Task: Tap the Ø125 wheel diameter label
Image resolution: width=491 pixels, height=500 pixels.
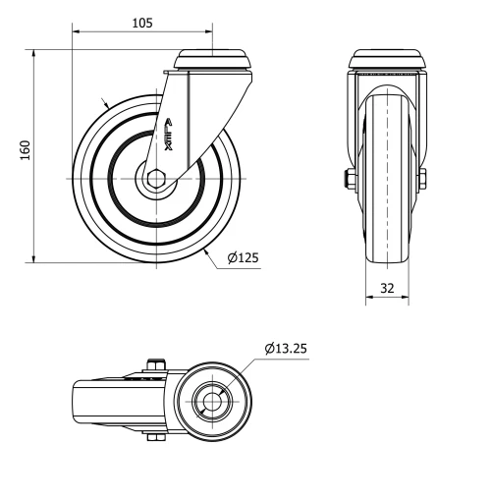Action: [243, 258]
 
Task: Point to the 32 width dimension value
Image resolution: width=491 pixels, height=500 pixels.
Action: [386, 290]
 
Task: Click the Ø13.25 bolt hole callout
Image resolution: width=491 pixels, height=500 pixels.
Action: [287, 347]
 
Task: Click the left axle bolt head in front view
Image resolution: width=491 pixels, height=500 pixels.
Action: [350, 179]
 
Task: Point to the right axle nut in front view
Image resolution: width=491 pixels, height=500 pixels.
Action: [422, 179]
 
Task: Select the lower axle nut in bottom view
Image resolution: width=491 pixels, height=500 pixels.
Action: [153, 437]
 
